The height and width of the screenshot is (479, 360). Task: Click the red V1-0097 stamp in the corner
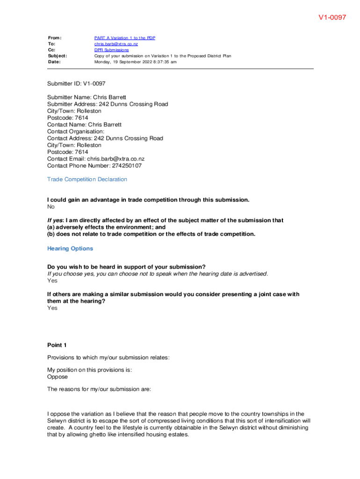coord(332,17)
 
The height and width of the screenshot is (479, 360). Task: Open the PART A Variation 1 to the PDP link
coord(124,38)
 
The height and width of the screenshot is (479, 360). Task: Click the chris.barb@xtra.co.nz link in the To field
coord(116,44)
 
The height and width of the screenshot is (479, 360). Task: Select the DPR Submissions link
coord(111,50)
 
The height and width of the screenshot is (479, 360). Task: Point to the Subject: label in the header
coord(57,56)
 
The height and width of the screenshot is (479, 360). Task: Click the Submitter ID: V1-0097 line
coord(76,84)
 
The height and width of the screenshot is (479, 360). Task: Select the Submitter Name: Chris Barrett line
coord(86,97)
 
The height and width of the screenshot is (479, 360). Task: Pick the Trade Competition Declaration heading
coord(87,179)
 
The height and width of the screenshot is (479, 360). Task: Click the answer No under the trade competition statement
coord(51,207)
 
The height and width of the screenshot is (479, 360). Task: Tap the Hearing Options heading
coord(70,248)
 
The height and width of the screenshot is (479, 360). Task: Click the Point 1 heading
coord(57,345)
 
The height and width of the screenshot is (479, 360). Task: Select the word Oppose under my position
coord(58,377)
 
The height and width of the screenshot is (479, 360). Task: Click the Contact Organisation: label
coord(76,131)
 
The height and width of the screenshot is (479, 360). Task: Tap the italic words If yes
coord(55,220)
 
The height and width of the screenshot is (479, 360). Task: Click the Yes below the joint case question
coord(52,308)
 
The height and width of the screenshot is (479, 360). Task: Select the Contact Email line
coord(96,159)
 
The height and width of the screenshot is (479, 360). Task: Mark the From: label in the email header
coord(55,38)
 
